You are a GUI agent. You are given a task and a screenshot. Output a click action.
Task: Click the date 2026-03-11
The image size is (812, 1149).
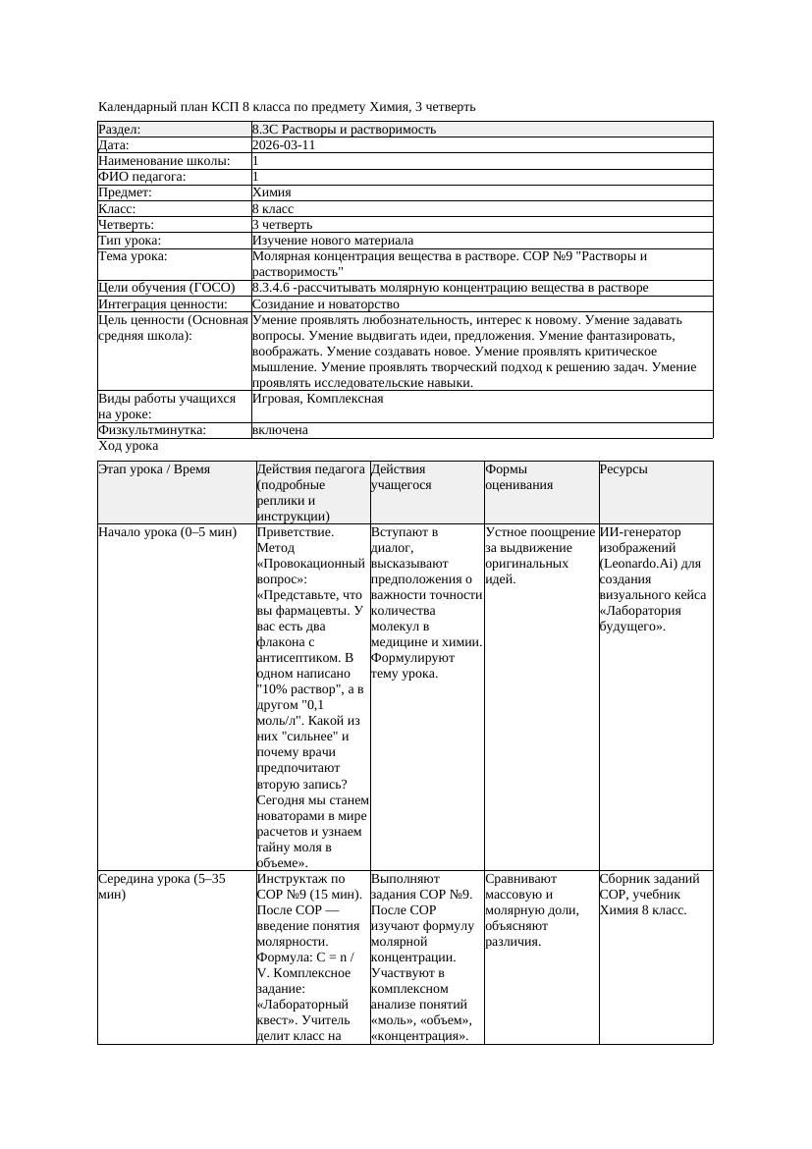pyautogui.click(x=284, y=145)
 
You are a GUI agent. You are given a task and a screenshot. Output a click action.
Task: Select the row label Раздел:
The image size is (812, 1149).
pyautogui.click(x=120, y=130)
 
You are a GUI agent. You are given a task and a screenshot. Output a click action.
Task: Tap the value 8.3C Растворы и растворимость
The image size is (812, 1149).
pyautogui.click(x=344, y=130)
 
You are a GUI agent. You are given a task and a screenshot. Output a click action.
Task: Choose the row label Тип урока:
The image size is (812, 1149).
pyautogui.click(x=130, y=241)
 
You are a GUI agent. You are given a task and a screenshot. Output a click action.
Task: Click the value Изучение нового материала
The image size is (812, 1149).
pyautogui.click(x=333, y=241)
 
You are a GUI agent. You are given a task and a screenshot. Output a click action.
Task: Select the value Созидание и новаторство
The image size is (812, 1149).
pyautogui.click(x=325, y=304)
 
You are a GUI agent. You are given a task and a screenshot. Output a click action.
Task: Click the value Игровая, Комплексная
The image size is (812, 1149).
pyautogui.click(x=317, y=399)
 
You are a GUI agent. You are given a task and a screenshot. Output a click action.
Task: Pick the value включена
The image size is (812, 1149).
pyautogui.click(x=280, y=430)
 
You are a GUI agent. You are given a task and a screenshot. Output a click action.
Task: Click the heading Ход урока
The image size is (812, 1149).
pyautogui.click(x=128, y=446)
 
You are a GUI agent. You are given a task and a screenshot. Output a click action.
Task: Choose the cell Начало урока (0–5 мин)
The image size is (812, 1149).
pyautogui.click(x=168, y=532)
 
